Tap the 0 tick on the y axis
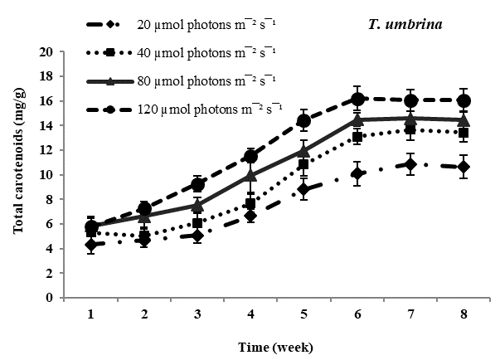point(50,297)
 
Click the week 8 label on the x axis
point(464,314)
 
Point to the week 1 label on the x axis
point(91,314)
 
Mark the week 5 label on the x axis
point(303,314)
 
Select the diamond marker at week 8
point(464,168)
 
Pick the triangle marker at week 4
point(250,175)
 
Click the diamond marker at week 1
point(91,245)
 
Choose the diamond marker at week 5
point(303,189)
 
